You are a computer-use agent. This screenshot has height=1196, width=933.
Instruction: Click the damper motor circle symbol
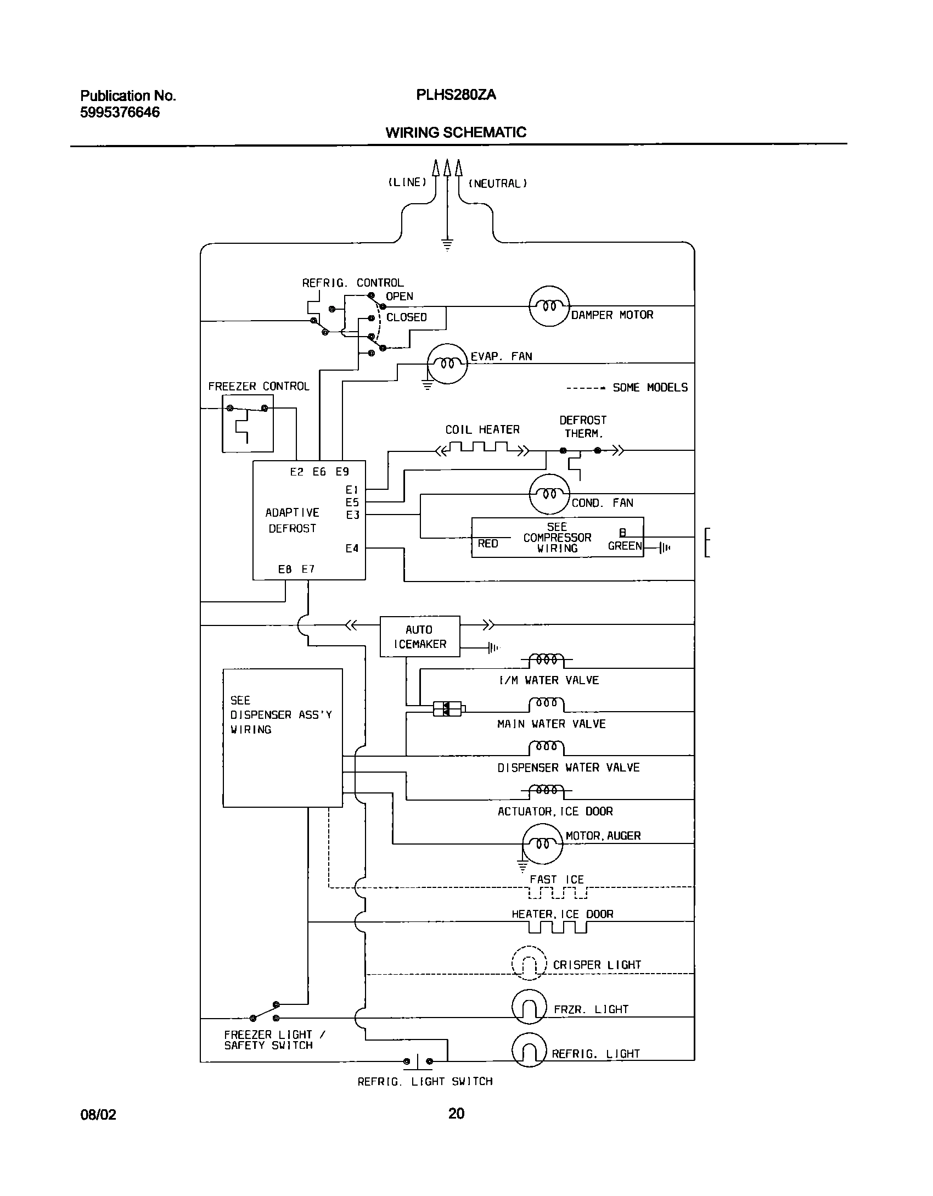(x=549, y=306)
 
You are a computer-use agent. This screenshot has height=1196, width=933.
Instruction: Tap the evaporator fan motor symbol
(x=447, y=363)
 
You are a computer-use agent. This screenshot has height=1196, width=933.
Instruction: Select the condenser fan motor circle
(x=549, y=494)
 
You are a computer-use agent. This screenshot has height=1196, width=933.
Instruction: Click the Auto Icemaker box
(x=420, y=636)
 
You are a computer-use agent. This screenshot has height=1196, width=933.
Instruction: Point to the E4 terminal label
(x=352, y=548)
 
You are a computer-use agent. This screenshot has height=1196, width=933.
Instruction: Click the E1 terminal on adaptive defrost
(x=352, y=489)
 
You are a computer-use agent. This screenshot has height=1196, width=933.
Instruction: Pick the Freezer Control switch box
(x=248, y=423)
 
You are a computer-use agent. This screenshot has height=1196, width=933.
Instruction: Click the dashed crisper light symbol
(x=529, y=963)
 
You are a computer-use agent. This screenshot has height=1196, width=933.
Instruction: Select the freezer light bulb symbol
(x=529, y=1007)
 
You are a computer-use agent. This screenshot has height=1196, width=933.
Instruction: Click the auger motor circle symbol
(x=543, y=843)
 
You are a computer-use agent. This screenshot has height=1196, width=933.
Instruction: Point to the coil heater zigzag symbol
(x=483, y=450)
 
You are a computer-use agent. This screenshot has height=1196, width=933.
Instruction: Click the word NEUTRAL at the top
(x=497, y=183)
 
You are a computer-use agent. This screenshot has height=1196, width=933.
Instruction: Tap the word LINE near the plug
(x=407, y=182)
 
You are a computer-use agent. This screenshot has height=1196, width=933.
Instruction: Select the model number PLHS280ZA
(x=456, y=95)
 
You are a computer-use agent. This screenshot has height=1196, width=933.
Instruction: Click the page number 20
(x=456, y=1113)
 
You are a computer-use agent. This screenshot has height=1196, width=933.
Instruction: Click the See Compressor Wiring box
(x=557, y=538)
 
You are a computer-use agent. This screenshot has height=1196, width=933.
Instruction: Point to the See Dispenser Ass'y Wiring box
(x=283, y=737)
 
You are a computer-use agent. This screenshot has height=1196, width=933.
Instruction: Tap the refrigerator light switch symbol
(x=418, y=1061)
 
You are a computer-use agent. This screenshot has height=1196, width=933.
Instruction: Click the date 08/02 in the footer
(x=98, y=1114)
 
